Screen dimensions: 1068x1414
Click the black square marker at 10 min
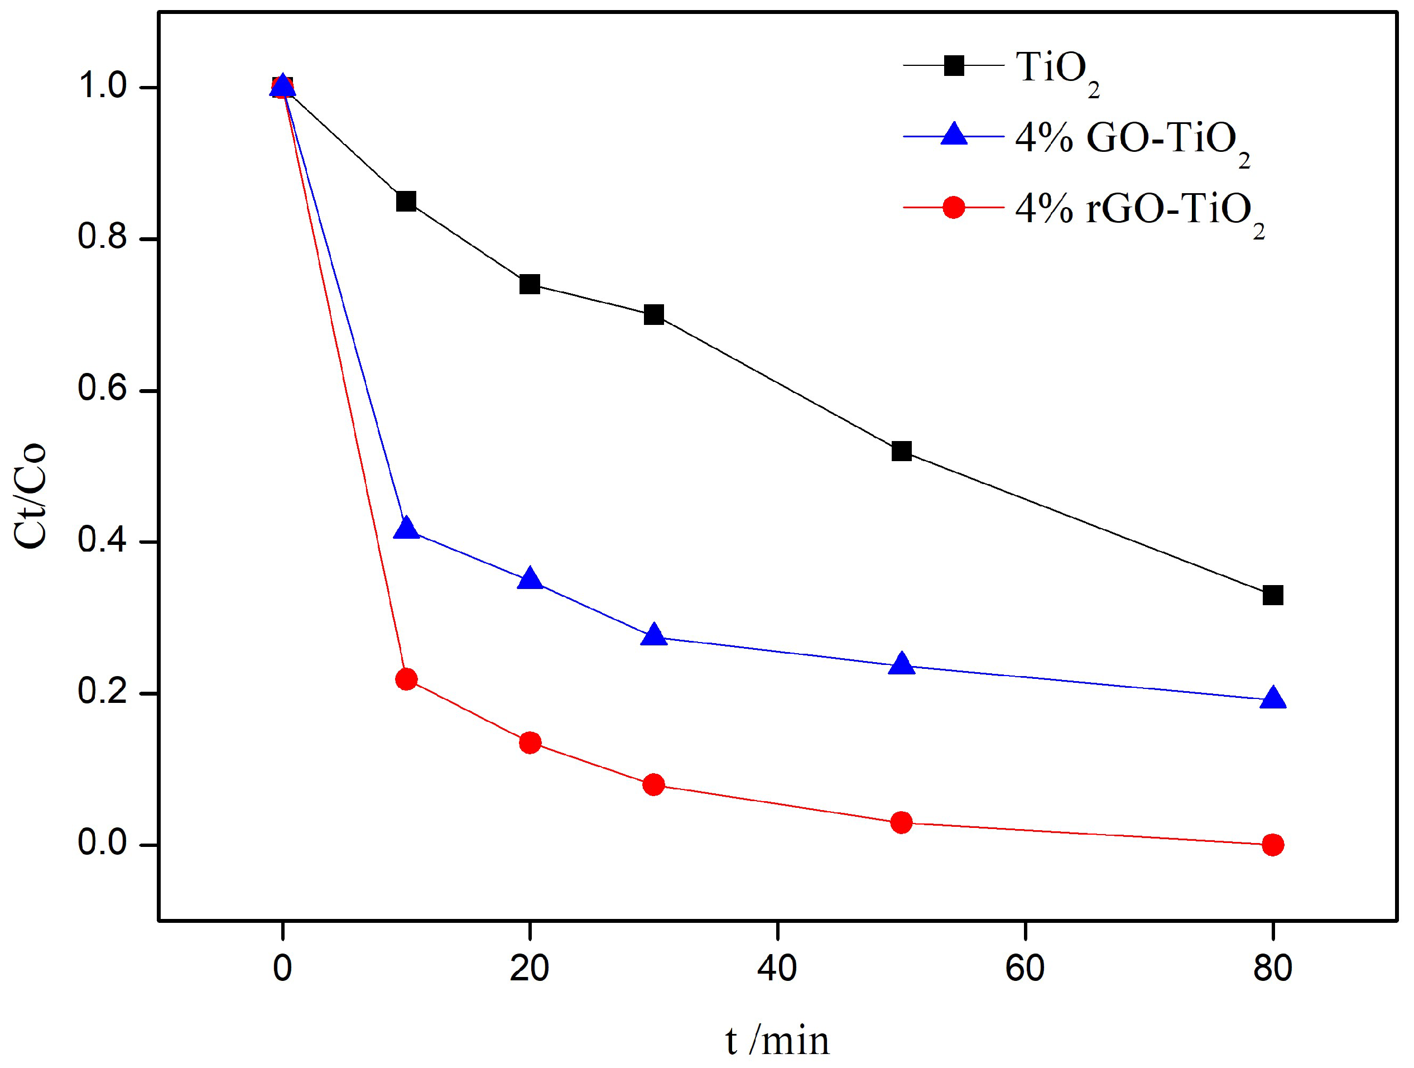click(406, 202)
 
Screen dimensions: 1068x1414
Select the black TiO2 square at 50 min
click(901, 451)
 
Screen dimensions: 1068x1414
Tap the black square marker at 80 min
click(1272, 595)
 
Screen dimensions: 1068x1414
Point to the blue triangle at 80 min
click(1272, 698)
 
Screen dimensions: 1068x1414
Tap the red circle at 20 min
click(530, 743)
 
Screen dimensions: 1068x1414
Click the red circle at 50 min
click(901, 822)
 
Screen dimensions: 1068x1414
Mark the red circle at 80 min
click(1272, 845)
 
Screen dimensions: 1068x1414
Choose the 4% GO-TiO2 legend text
click(1132, 141)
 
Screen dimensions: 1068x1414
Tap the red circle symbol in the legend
click(953, 207)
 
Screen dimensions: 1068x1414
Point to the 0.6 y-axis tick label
click(102, 388)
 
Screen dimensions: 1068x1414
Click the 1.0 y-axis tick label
click(102, 85)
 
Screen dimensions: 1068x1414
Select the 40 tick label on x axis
click(777, 968)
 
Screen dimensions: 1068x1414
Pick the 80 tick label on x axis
click(1272, 968)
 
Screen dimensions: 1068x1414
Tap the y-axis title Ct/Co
click(30, 496)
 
